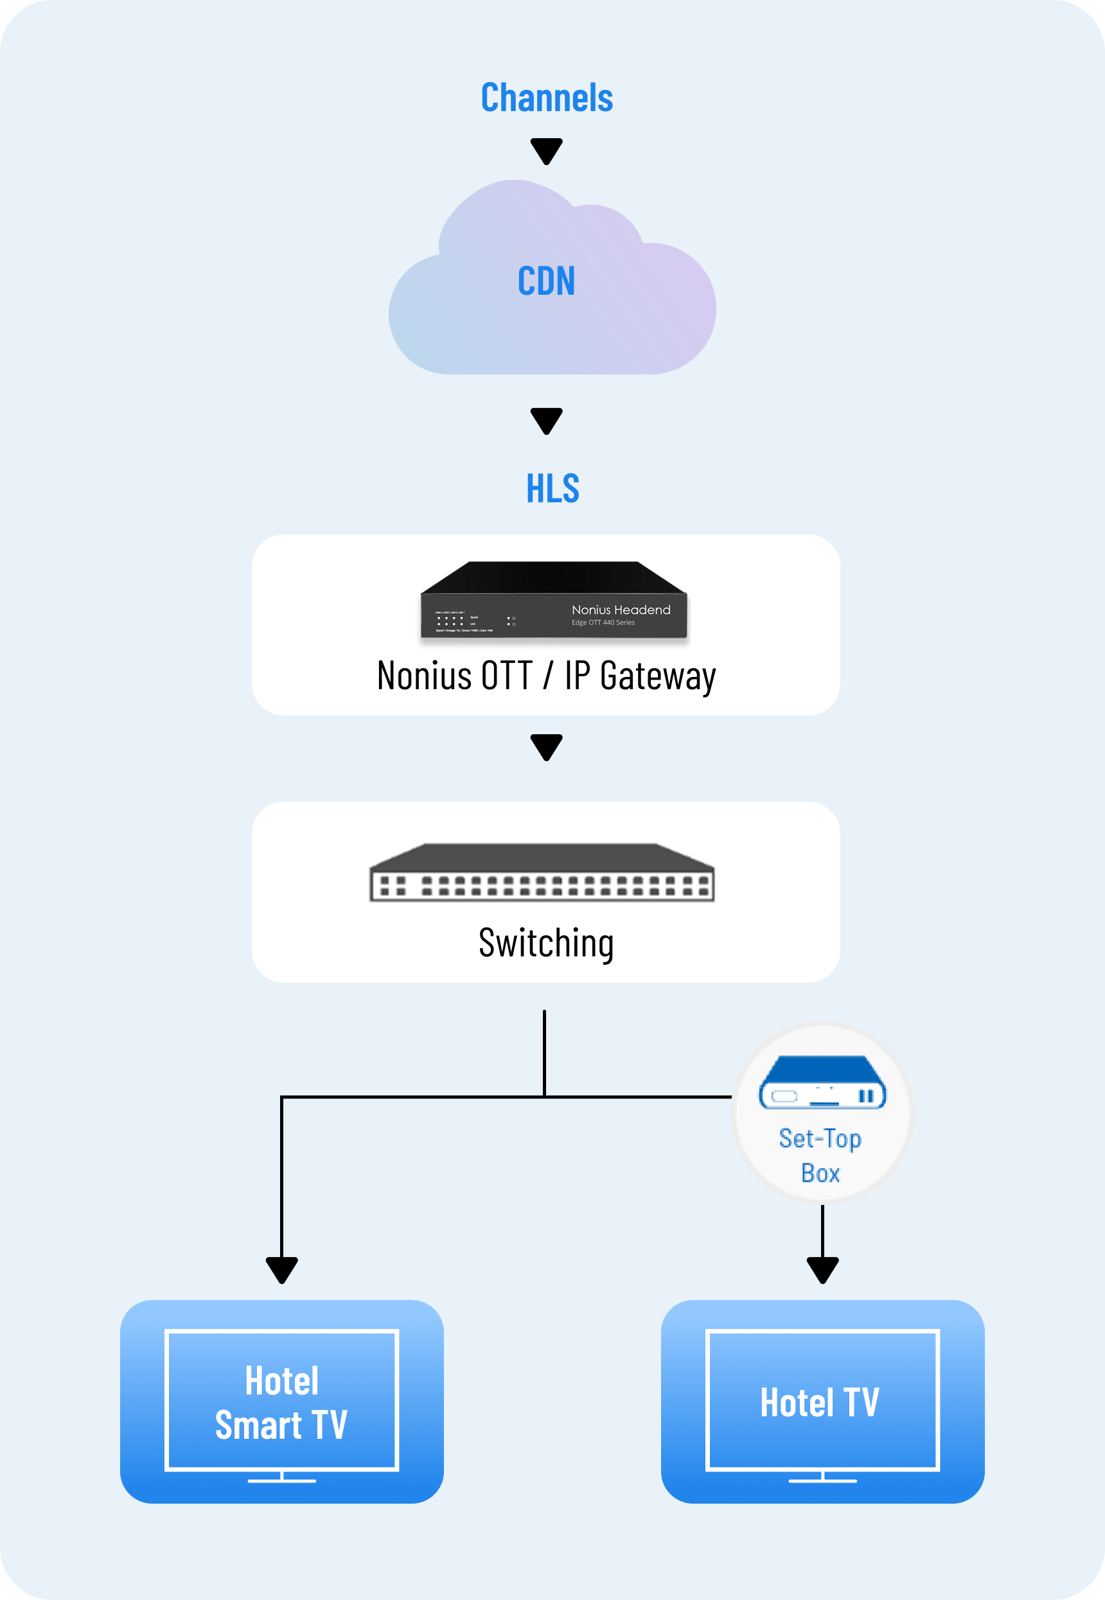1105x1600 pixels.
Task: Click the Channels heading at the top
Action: click(x=546, y=98)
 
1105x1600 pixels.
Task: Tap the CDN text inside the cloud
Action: click(x=546, y=281)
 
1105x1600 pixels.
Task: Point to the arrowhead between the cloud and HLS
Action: click(x=546, y=420)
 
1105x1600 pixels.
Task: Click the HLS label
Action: click(x=552, y=489)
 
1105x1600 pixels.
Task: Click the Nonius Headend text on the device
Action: click(x=621, y=610)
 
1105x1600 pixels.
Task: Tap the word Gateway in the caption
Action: click(x=658, y=676)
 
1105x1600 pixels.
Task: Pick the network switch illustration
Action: click(x=542, y=873)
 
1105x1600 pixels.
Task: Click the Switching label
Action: click(x=546, y=944)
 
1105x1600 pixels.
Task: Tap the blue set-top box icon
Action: click(x=822, y=1083)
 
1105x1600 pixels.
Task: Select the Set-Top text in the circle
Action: click(x=820, y=1138)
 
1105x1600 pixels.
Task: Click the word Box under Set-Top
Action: click(x=820, y=1173)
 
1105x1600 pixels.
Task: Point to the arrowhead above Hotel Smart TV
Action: click(x=282, y=1269)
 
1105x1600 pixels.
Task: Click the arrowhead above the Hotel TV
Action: click(x=822, y=1269)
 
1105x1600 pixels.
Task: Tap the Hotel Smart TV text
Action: click(x=282, y=1403)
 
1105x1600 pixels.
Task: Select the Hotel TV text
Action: click(x=820, y=1403)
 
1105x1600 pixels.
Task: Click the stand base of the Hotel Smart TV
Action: click(x=282, y=1481)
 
